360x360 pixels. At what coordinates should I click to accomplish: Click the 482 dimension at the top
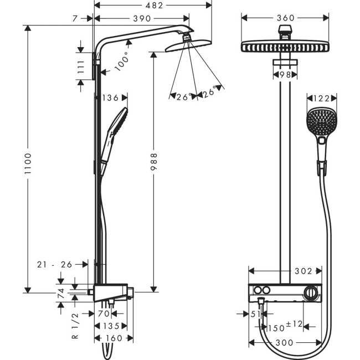click(153, 6)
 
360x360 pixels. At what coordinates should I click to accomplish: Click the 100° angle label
click(122, 61)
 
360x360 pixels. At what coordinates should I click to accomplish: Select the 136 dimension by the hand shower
click(111, 98)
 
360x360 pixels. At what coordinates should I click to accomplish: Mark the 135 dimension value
click(112, 326)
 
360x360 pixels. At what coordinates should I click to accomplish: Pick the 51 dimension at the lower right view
click(256, 313)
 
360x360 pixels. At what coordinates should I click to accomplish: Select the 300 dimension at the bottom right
click(285, 342)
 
